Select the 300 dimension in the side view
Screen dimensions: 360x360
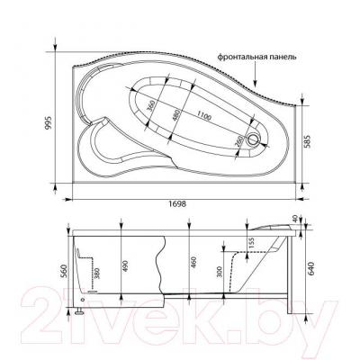click(x=218, y=271)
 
